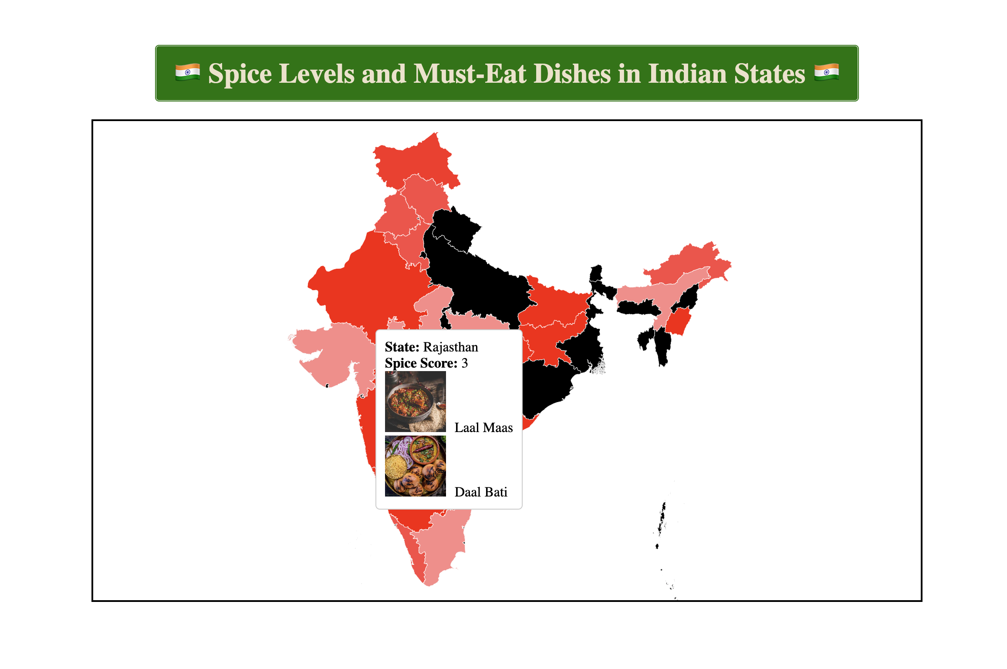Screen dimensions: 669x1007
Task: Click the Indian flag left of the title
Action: (188, 73)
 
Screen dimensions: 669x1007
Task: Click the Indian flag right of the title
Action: (826, 73)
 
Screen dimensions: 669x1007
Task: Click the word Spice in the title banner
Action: (240, 74)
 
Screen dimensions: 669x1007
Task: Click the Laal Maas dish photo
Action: (415, 402)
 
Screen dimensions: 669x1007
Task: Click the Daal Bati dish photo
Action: (415, 466)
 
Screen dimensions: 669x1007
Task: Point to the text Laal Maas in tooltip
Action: (483, 428)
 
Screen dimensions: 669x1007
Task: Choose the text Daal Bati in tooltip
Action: (481, 492)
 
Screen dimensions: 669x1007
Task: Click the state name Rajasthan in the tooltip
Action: (450, 347)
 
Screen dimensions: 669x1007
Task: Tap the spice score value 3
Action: (465, 363)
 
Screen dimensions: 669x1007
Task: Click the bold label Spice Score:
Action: (421, 363)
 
